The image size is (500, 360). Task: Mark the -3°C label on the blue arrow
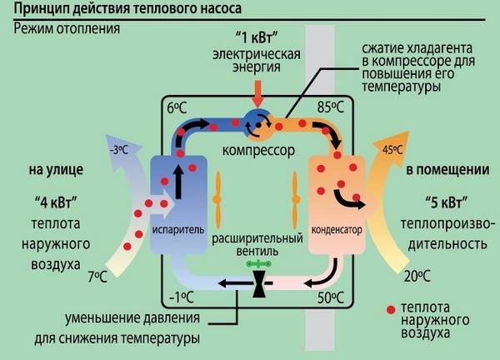[x=119, y=150]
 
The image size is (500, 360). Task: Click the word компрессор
[x=254, y=152]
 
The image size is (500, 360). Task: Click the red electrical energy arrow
[x=257, y=90]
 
